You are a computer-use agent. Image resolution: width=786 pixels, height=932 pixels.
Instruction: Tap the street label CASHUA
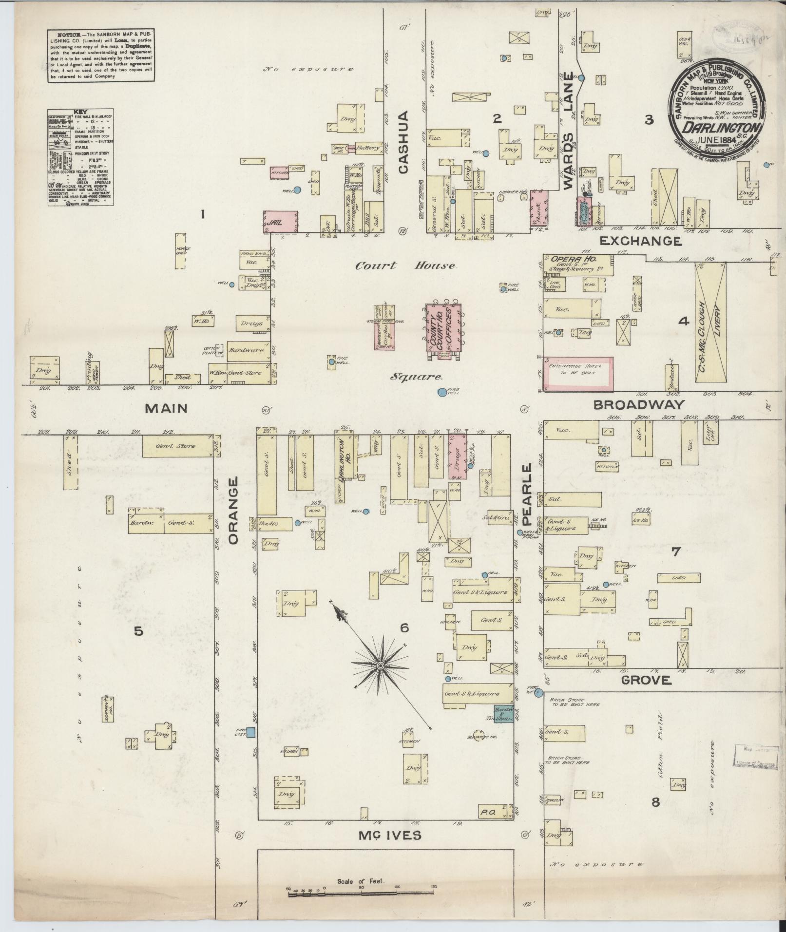403,142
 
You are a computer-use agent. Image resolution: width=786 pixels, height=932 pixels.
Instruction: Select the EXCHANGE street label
640,241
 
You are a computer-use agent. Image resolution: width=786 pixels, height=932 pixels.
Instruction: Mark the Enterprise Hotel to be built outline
578,374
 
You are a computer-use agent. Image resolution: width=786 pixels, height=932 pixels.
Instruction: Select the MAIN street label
167,408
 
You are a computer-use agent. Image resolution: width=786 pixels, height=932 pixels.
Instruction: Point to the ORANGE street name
233,511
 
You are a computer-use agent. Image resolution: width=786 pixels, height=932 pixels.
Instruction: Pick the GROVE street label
646,680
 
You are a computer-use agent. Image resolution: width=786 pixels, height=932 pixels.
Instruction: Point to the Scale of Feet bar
361,893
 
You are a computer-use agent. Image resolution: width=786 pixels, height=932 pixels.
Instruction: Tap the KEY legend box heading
80,112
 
